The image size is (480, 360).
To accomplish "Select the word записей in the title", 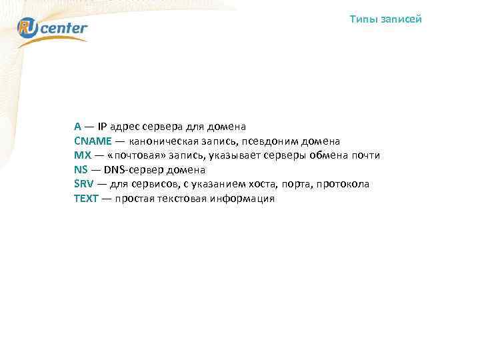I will [401, 19].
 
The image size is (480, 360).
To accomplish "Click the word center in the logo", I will [67, 28].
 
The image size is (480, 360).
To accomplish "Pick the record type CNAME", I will [92, 141].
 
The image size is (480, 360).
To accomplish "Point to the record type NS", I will [81, 169].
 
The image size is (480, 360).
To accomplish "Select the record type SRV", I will [83, 184].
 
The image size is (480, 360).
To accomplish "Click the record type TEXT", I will [86, 199].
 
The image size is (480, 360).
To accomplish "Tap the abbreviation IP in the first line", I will [102, 126].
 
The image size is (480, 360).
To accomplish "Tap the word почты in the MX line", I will [366, 155].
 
